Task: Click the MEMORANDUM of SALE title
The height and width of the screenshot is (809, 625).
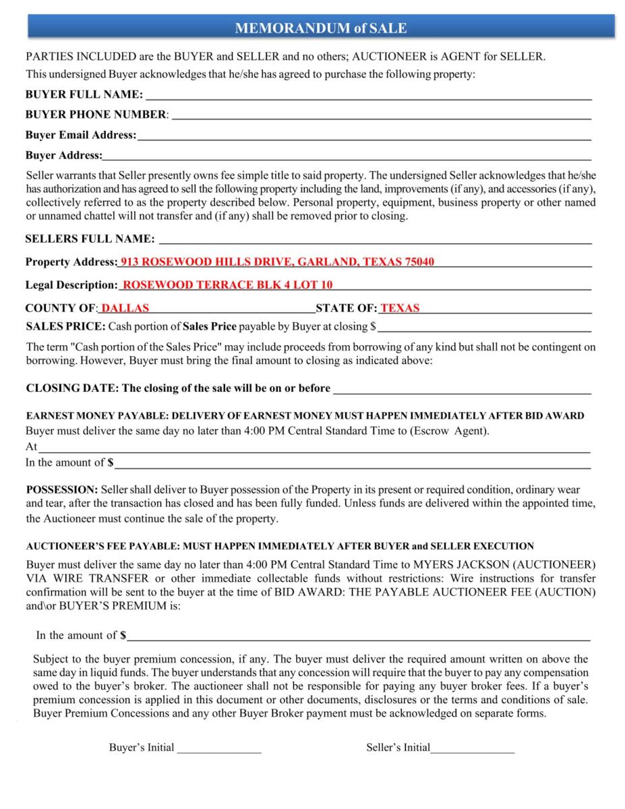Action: [320, 28]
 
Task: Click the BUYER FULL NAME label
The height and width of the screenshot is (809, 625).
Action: [84, 94]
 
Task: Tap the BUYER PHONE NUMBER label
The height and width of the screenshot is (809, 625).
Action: [96, 115]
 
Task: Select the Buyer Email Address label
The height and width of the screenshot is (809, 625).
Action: [80, 135]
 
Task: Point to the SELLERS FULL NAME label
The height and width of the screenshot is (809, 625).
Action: [90, 239]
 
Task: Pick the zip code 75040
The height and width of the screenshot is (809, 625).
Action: [419, 262]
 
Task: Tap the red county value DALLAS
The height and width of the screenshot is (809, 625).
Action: [125, 308]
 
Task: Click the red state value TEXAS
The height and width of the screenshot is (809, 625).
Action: [400, 308]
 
